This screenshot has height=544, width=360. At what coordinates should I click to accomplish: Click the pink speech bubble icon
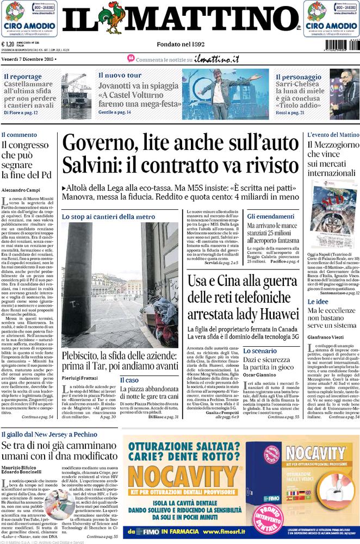[x=131, y=58]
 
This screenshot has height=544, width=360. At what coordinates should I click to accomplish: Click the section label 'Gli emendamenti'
[x=271, y=216]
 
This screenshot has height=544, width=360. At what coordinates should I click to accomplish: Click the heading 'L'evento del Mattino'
[x=333, y=134]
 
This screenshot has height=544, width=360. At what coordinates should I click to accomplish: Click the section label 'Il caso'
[x=129, y=380]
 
